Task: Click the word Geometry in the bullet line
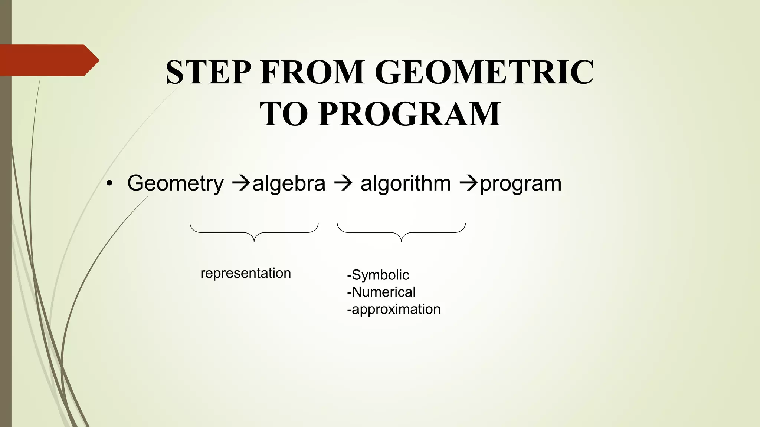tap(175, 183)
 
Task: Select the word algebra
tap(289, 183)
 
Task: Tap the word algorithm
tap(406, 183)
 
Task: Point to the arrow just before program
tap(469, 183)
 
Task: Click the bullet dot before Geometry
tap(109, 184)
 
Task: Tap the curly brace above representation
tap(254, 232)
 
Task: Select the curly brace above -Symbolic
tap(401, 232)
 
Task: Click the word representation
tap(246, 273)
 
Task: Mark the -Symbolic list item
tap(378, 275)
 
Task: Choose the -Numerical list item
tap(381, 292)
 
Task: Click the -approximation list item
tap(394, 309)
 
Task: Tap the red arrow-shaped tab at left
tap(48, 60)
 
